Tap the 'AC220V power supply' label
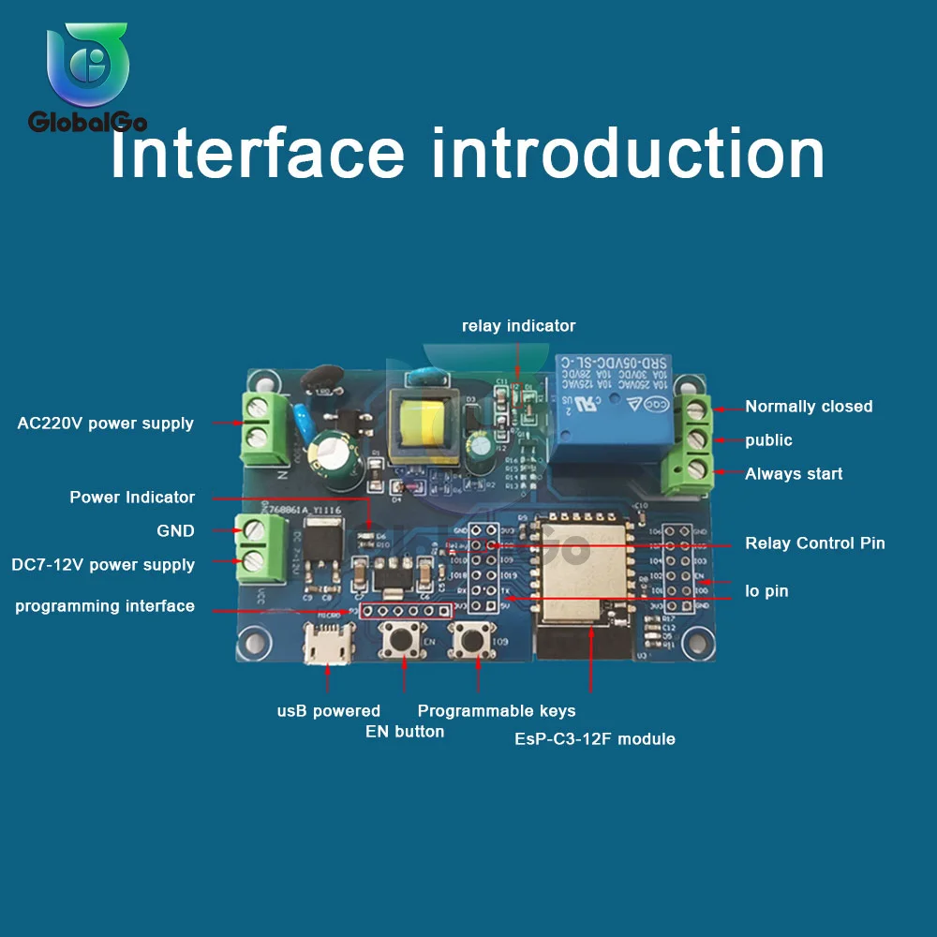(105, 423)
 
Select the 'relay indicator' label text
(518, 326)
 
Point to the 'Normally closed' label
(808, 407)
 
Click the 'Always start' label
(793, 474)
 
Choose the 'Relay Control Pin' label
(814, 543)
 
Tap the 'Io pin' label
(766, 591)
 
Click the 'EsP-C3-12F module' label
(594, 739)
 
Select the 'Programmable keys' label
(496, 711)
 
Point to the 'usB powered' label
(328, 711)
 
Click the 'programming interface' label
(105, 607)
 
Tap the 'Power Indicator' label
(132, 498)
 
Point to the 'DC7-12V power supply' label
(103, 565)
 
